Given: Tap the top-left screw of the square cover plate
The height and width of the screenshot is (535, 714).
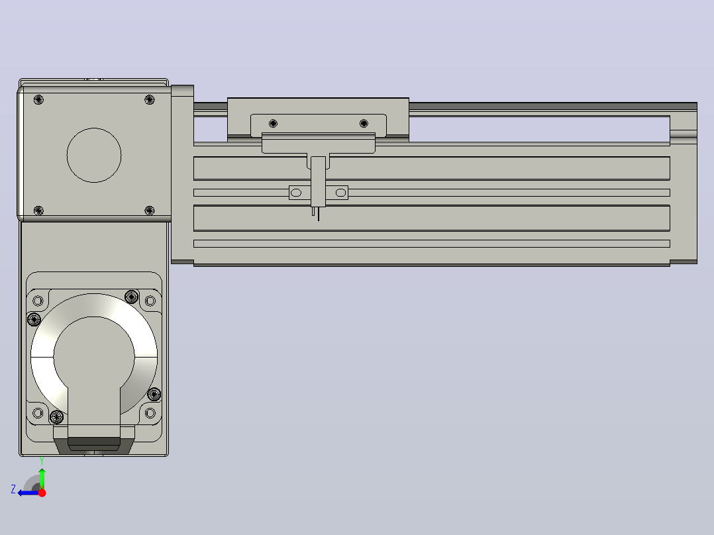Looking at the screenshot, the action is tap(38, 100).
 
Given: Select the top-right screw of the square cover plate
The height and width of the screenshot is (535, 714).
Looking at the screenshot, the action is tap(150, 100).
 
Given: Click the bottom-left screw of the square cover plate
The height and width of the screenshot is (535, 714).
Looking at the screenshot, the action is tap(38, 211).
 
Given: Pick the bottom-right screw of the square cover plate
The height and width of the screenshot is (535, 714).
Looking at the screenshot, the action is tap(150, 211).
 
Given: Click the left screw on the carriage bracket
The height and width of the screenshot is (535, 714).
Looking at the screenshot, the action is tap(273, 123).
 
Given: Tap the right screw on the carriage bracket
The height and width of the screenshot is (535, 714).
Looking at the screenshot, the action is tap(364, 123).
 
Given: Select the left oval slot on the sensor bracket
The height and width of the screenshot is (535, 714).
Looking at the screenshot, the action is tap(296, 193).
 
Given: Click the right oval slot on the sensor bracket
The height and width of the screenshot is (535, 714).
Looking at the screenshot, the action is tap(340, 193).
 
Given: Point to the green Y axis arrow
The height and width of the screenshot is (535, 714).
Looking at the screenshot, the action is tap(42, 479).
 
